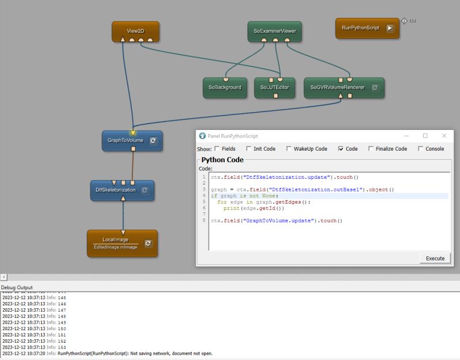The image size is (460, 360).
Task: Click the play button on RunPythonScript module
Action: pos(390,28)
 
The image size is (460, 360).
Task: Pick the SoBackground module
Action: pos(225,87)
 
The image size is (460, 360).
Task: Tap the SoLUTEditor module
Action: pos(274,87)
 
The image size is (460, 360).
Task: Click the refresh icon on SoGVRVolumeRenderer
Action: pos(374,87)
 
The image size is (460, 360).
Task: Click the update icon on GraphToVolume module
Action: pos(153,140)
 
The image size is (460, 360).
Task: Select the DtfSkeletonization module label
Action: pos(116,189)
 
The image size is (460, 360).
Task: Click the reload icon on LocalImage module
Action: pos(148,243)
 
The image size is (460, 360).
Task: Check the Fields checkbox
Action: pos(217,148)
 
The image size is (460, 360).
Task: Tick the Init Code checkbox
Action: pos(248,148)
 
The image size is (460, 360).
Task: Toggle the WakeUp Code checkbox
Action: pos(289,148)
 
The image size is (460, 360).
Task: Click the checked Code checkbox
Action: pos(341,148)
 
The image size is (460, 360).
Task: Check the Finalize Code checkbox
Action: pos(371,148)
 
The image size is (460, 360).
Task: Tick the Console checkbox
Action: pos(420,148)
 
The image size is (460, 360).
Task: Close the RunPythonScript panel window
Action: pos(444,136)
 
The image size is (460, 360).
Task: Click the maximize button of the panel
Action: pos(425,136)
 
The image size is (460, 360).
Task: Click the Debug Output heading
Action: pos(17,287)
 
